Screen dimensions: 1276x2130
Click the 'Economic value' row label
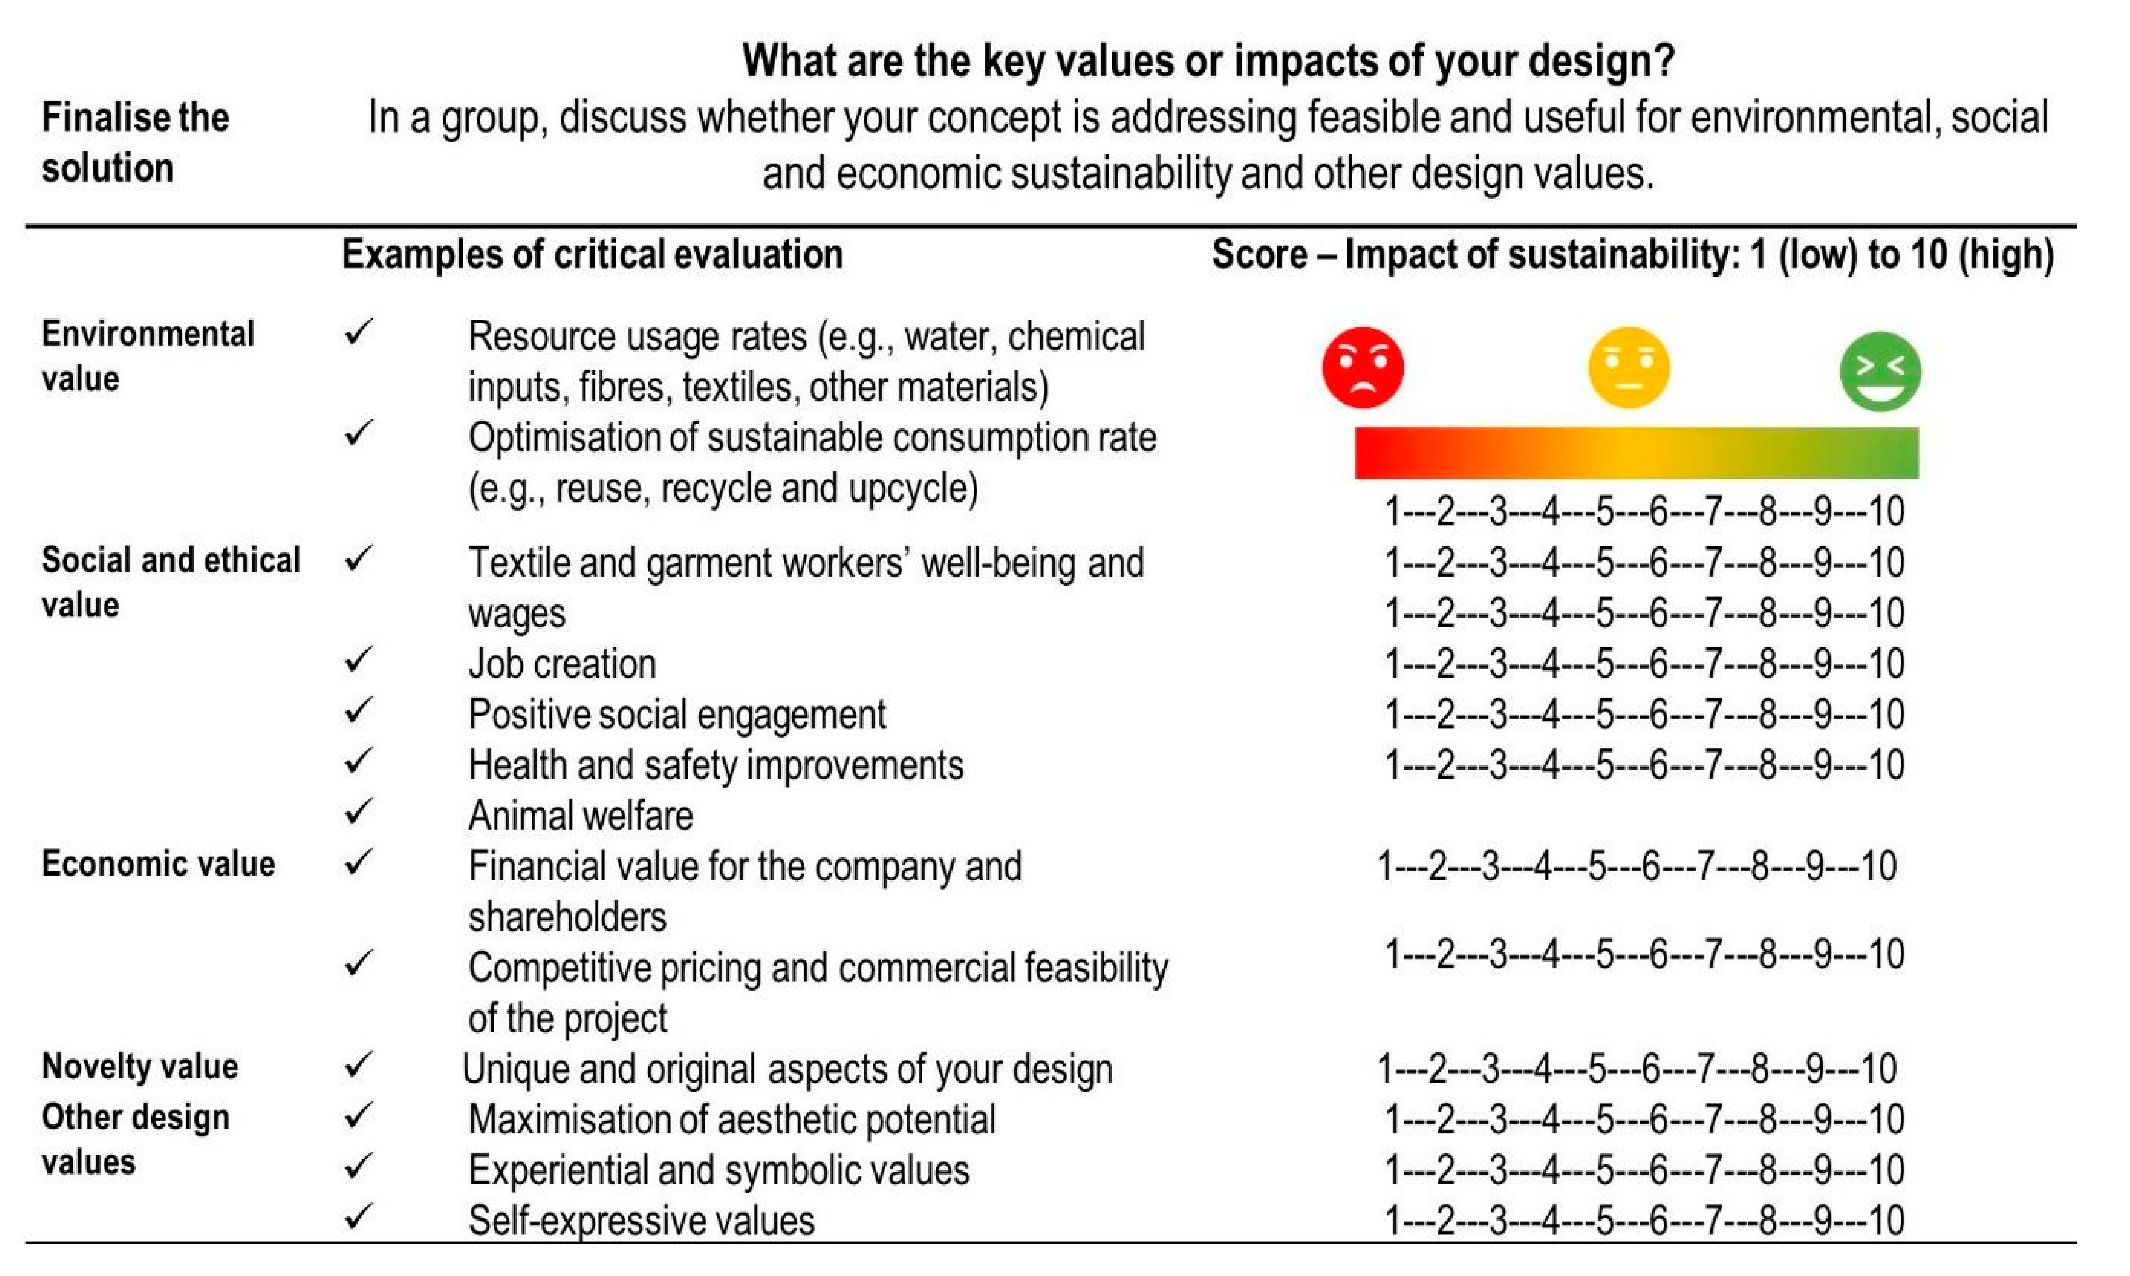pos(158,863)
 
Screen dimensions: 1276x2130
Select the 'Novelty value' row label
pos(139,1066)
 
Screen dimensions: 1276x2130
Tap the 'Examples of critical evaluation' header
pos(592,255)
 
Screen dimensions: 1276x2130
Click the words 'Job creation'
pos(562,664)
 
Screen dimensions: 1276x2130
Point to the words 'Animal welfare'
pos(580,815)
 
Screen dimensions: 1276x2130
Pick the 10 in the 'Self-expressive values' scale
pos(1886,1221)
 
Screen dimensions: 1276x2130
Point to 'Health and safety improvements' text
pos(715,765)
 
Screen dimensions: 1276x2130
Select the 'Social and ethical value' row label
pos(170,582)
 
